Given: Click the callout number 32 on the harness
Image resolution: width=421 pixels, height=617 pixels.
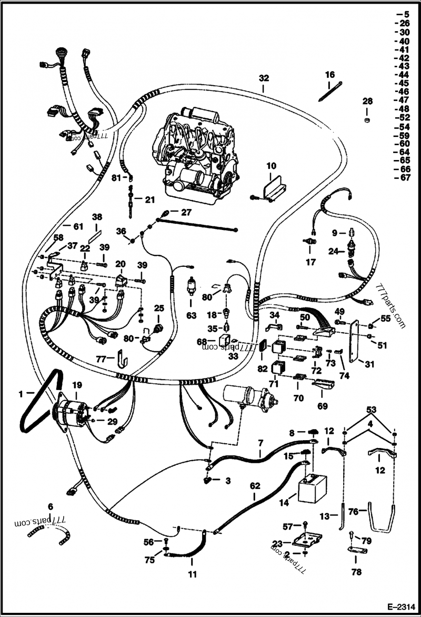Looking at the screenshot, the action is [264, 78].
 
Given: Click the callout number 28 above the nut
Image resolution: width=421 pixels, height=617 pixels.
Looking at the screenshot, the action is [367, 101].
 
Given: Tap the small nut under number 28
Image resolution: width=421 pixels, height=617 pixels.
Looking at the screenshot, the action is [367, 121].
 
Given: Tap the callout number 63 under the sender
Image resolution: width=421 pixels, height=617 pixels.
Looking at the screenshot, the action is [191, 315].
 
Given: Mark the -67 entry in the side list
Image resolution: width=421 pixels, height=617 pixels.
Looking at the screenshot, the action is [403, 178].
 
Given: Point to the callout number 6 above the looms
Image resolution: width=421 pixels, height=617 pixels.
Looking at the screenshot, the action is [50, 506].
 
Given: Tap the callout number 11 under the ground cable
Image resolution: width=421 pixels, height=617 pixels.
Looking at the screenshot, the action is [193, 574].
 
